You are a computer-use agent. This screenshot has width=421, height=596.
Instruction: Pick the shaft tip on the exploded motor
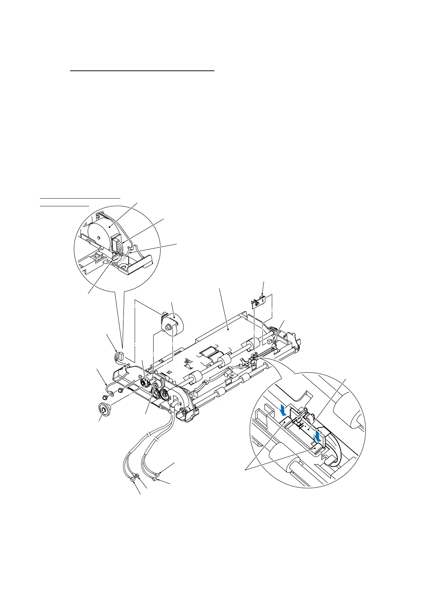(x=165, y=329)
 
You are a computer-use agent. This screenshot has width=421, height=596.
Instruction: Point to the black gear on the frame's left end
(x=144, y=383)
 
